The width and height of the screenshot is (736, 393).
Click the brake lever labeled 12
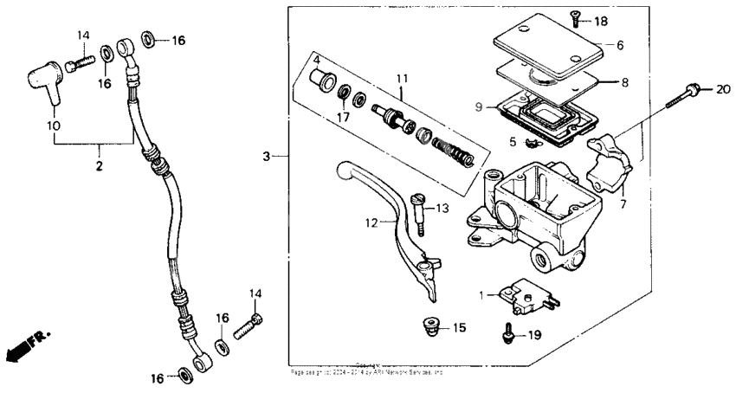390,216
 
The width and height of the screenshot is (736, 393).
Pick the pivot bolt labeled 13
417,212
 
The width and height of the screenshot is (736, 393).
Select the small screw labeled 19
507,332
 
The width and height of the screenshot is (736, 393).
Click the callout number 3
268,156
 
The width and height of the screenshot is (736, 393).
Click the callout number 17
343,115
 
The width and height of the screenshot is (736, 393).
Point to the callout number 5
513,141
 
